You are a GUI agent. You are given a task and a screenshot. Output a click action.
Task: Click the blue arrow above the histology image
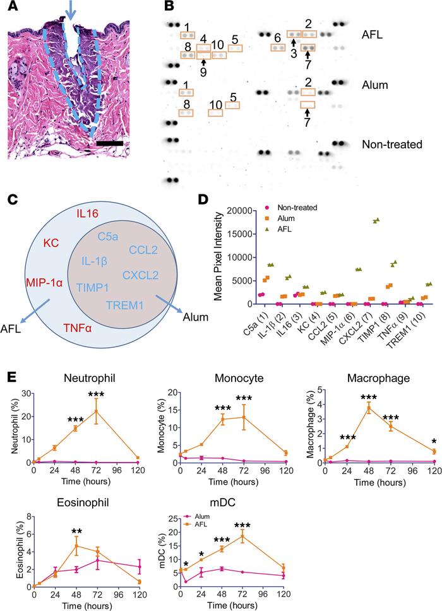(71, 11)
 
